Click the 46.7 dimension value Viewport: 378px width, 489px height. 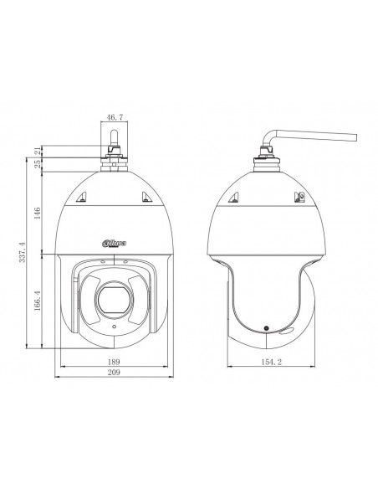click(x=115, y=117)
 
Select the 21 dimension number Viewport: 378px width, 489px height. click(x=38, y=152)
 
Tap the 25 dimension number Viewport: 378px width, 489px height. click(x=38, y=164)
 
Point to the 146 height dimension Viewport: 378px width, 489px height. click(x=38, y=213)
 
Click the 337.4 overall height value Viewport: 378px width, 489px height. click(x=23, y=252)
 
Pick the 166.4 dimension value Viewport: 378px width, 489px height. click(x=38, y=301)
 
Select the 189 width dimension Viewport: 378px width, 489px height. click(x=114, y=362)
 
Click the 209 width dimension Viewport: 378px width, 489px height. click(x=114, y=372)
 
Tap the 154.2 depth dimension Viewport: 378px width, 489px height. click(x=271, y=362)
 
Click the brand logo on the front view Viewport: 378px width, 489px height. click(x=115, y=244)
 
